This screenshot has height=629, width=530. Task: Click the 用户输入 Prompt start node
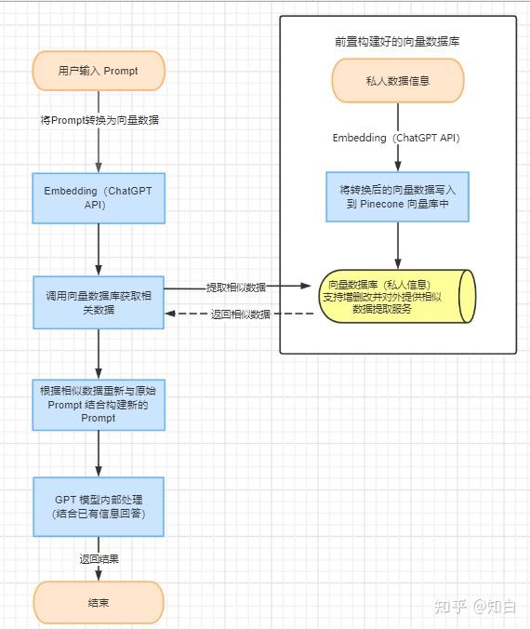tap(99, 71)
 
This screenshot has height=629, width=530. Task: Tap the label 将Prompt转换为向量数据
tap(99, 120)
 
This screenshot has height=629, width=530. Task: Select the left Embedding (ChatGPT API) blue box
tap(99, 197)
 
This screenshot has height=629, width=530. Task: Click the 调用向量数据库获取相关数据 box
tap(99, 302)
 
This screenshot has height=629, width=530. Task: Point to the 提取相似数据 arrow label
tap(235, 288)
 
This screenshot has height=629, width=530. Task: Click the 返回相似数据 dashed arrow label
tap(241, 314)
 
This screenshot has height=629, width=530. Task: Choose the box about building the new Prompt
tap(99, 405)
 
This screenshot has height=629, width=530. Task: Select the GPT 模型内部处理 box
tap(99, 507)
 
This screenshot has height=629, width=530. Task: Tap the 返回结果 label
tap(99, 559)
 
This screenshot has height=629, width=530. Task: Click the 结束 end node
tap(99, 603)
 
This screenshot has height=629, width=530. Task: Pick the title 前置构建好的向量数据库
tap(398, 42)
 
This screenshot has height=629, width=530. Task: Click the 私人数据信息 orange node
tap(398, 81)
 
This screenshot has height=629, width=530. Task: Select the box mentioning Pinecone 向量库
tap(397, 195)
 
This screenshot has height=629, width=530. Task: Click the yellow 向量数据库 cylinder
tap(397, 296)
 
